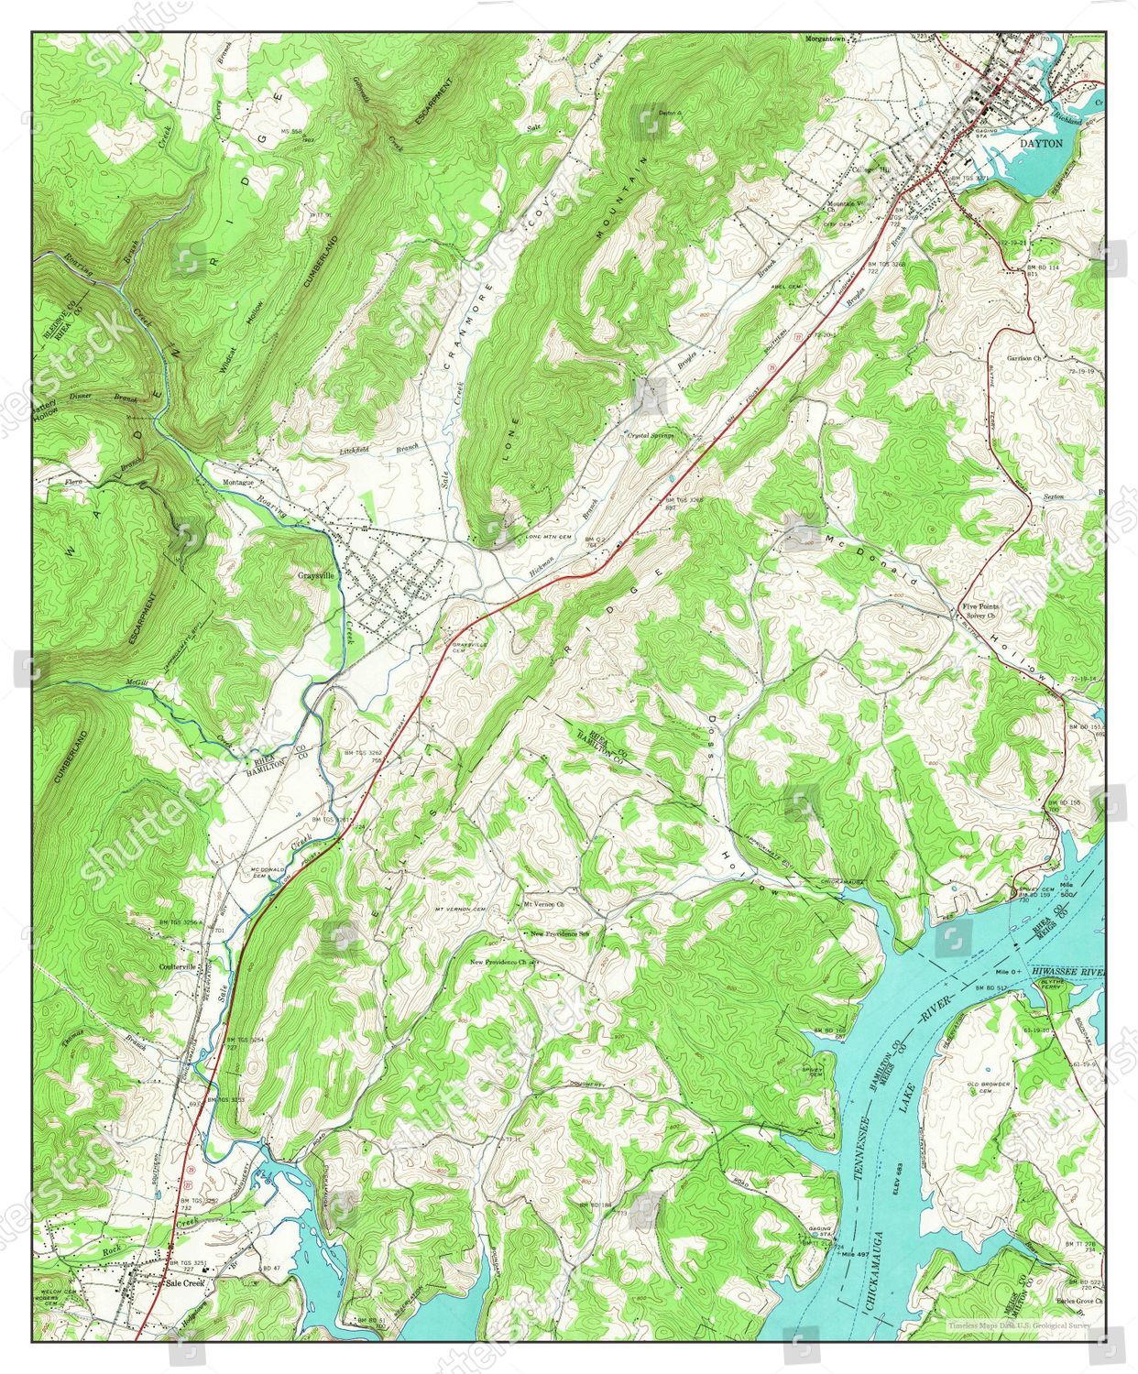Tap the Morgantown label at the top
[831, 39]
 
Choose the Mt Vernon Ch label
[543, 904]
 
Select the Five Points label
[979, 606]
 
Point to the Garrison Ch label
[1024, 358]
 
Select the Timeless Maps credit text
[1019, 1325]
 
